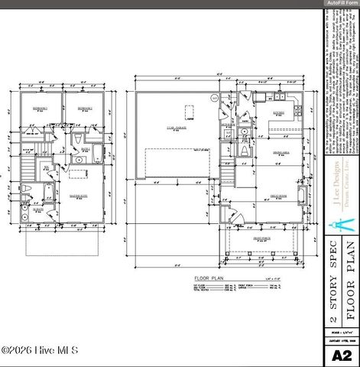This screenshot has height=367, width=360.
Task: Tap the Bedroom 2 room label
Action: [x=83, y=109]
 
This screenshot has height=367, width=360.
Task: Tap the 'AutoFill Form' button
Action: [x=342, y=3]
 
